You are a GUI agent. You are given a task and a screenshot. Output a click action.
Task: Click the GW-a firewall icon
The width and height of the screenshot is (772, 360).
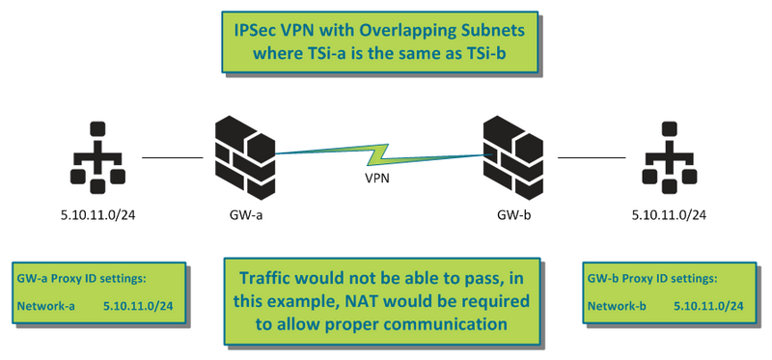tap(241, 152)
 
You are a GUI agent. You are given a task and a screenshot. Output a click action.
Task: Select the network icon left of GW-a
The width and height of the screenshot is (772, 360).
tap(96, 154)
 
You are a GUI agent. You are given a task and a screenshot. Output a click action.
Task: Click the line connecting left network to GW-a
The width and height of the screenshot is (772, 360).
tap(172, 155)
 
